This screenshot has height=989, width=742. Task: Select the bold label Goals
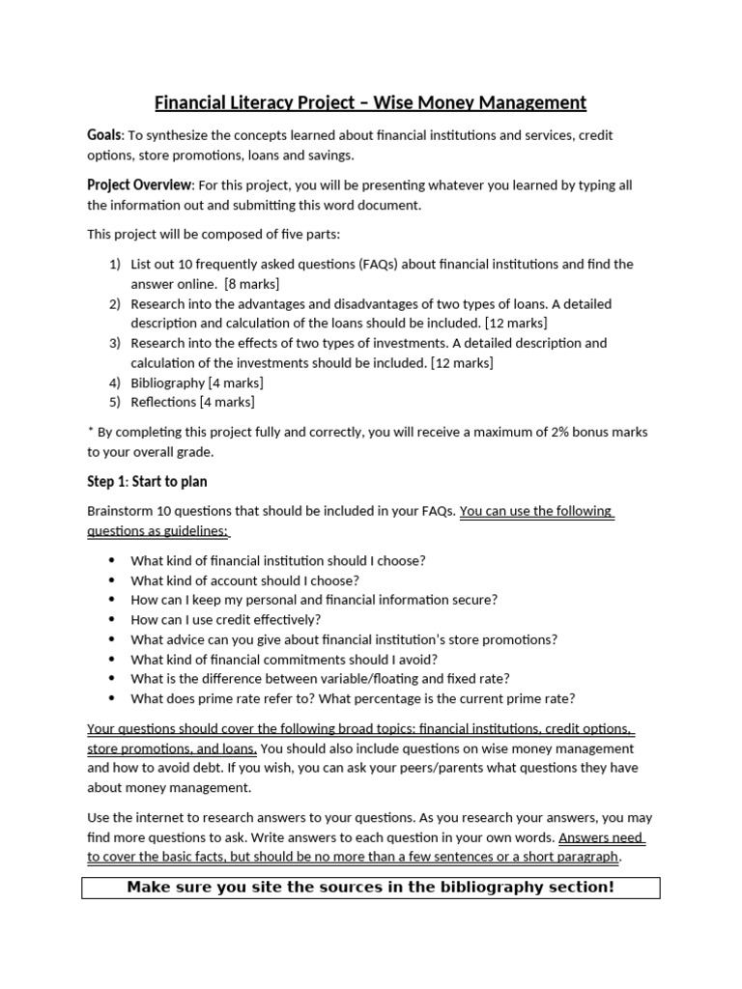(x=104, y=135)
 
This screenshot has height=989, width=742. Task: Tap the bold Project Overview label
(x=140, y=185)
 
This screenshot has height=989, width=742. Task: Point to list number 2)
(x=115, y=304)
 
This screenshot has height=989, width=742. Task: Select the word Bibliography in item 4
(x=168, y=382)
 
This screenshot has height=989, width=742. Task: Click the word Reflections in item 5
(x=163, y=402)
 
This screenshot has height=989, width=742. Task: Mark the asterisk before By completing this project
(x=90, y=432)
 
